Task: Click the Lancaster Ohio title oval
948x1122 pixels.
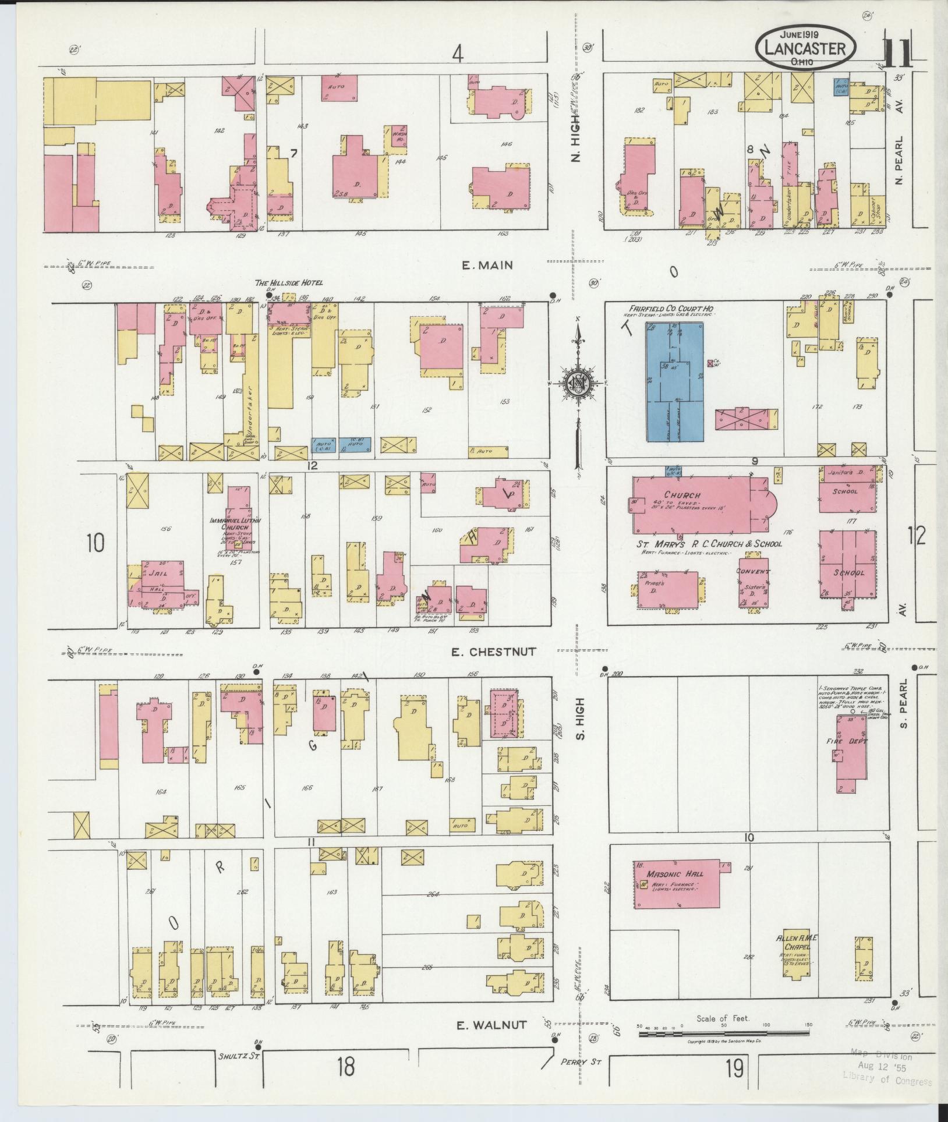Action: [806, 48]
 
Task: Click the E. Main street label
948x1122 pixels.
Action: [487, 266]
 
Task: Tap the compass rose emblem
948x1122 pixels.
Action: [578, 384]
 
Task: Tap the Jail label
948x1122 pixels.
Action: [155, 573]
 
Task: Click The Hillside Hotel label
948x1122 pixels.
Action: [289, 283]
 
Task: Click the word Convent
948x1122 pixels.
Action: [753, 571]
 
